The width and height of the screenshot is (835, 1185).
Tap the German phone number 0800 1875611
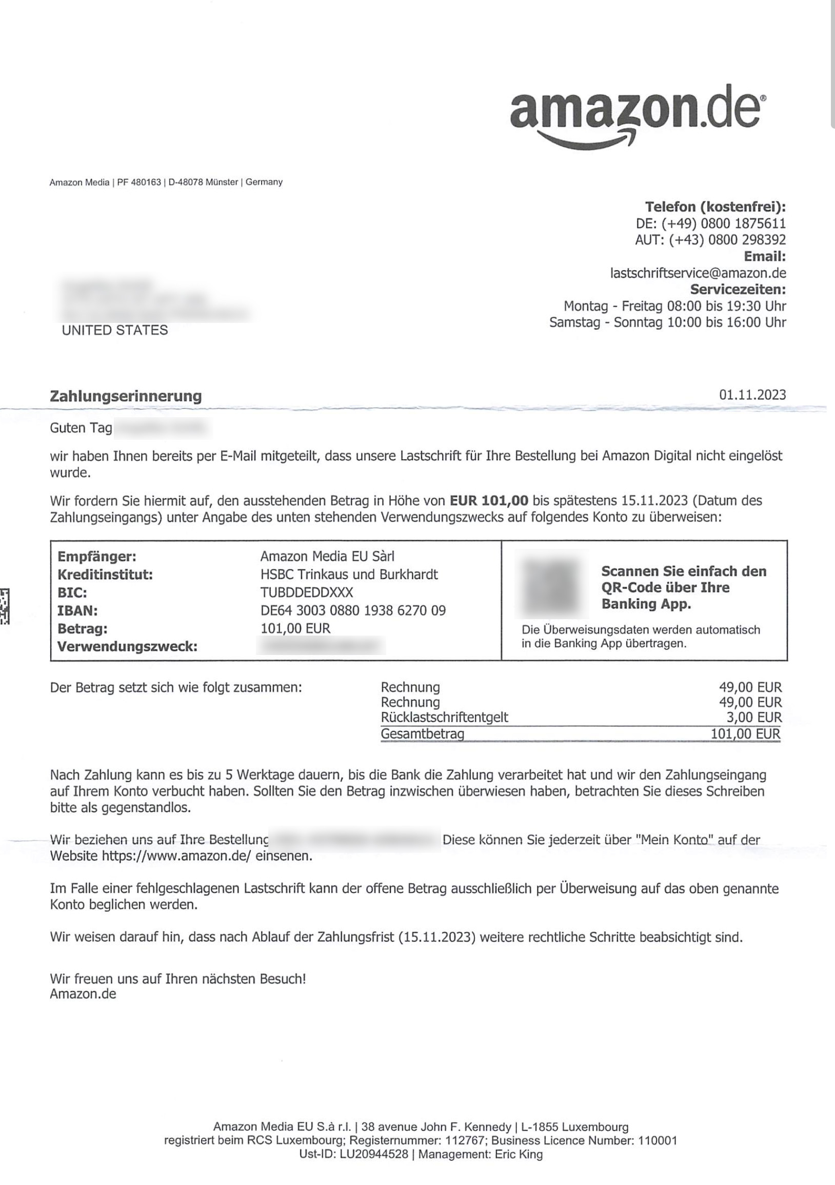pyautogui.click(x=743, y=223)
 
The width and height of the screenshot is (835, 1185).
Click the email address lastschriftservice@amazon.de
pyautogui.click(x=698, y=273)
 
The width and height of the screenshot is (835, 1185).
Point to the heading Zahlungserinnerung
pyautogui.click(x=126, y=396)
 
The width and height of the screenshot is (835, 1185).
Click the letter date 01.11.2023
pyautogui.click(x=752, y=395)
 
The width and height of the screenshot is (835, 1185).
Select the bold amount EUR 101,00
pyautogui.click(x=489, y=500)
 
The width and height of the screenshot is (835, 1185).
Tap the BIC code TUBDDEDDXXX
pyautogui.click(x=307, y=592)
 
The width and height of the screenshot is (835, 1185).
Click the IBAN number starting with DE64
pyautogui.click(x=353, y=610)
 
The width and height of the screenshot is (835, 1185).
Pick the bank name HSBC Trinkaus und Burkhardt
pyautogui.click(x=349, y=575)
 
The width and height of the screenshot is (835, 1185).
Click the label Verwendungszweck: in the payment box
pyautogui.click(x=128, y=646)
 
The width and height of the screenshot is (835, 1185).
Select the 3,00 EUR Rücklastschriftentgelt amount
pyautogui.click(x=754, y=718)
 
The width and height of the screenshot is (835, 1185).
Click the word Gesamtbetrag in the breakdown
pyautogui.click(x=422, y=733)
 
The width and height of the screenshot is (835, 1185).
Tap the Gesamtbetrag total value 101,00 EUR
pyautogui.click(x=745, y=733)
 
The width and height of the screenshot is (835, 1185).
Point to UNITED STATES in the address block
pyautogui.click(x=115, y=330)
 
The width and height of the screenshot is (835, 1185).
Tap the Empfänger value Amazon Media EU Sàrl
pyautogui.click(x=327, y=557)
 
